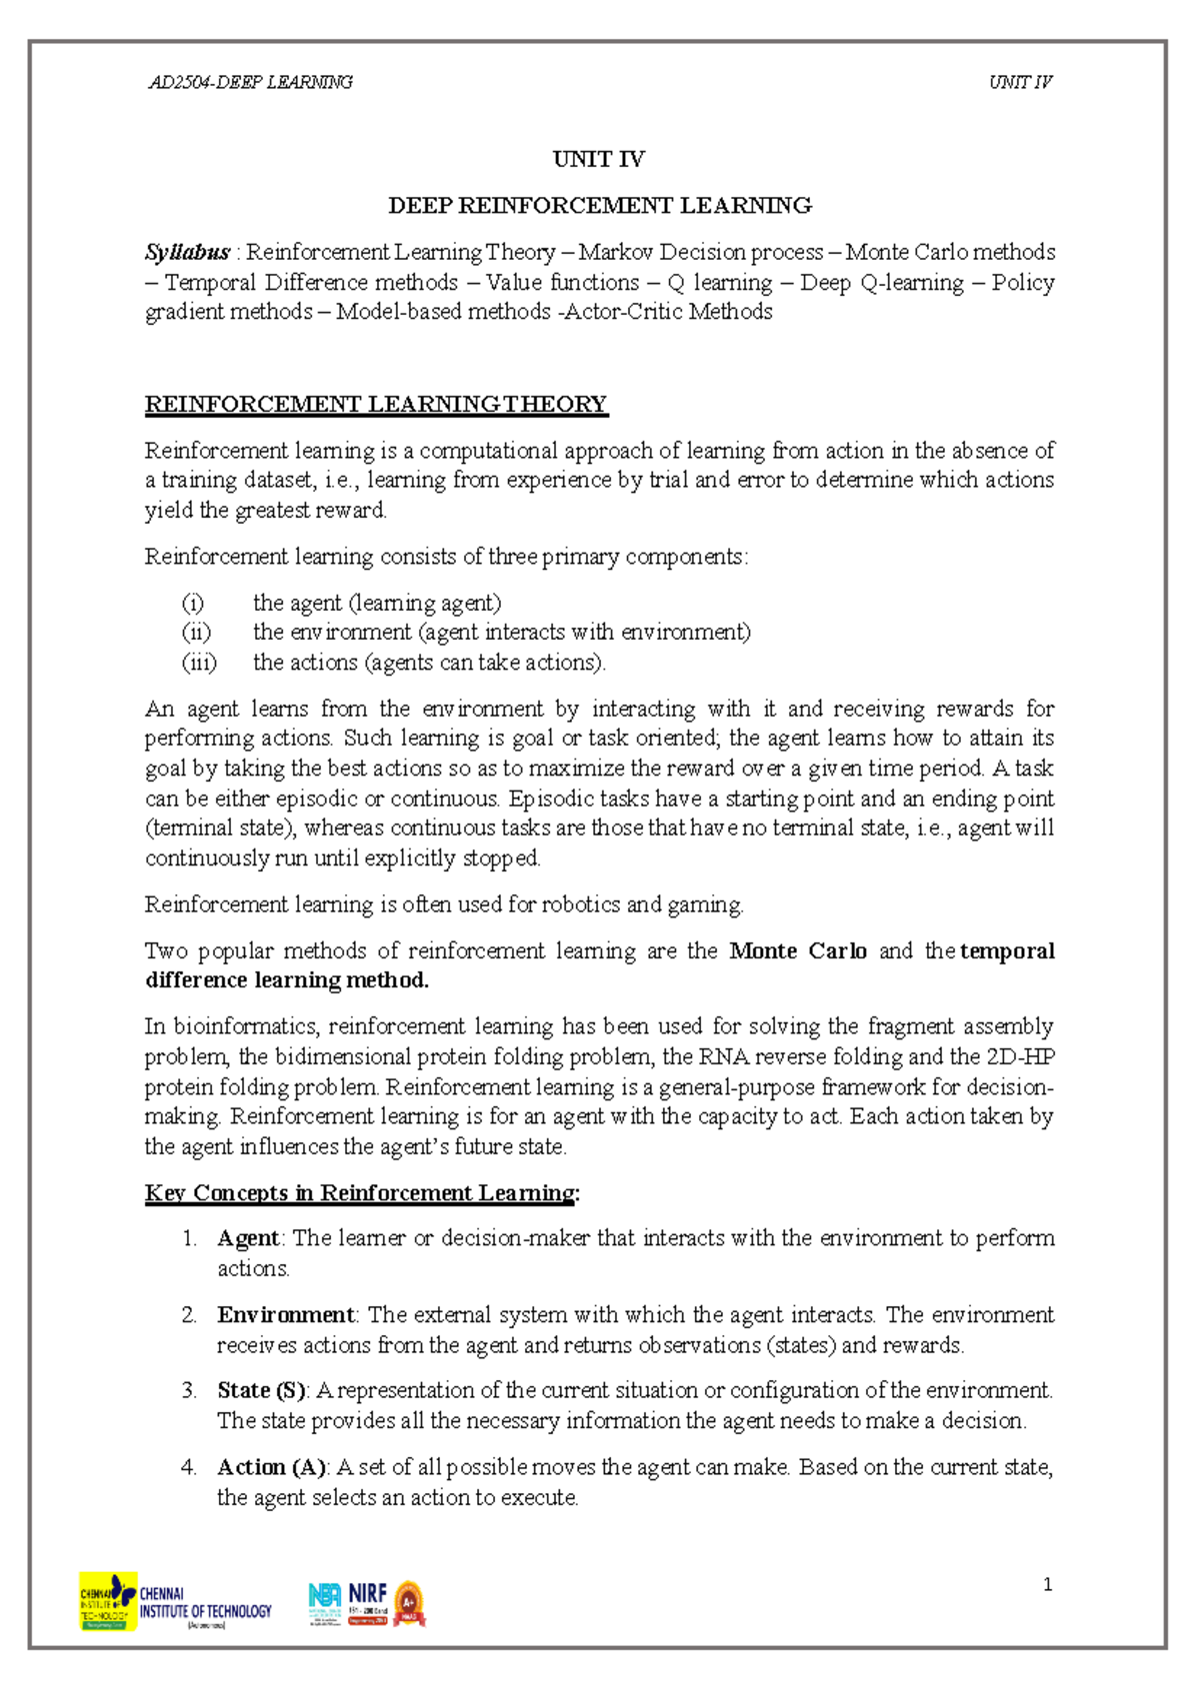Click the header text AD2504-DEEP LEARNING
(250, 82)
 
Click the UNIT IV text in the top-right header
(1020, 82)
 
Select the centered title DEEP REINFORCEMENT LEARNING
(599, 206)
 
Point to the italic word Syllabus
(187, 252)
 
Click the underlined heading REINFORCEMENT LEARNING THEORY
(376, 404)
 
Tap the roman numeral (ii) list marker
(196, 632)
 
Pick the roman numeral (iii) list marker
(199, 662)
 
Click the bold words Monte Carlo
(798, 950)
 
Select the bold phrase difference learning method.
(287, 980)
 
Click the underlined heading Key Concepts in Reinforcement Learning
(361, 1192)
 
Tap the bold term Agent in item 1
(248, 1238)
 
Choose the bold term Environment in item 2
(285, 1314)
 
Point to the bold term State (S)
(261, 1390)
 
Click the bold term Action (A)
(271, 1467)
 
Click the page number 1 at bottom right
(1047, 1584)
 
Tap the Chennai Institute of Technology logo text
(204, 1604)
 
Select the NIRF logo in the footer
(367, 1603)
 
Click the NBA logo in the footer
(325, 1603)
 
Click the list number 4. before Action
(189, 1467)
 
